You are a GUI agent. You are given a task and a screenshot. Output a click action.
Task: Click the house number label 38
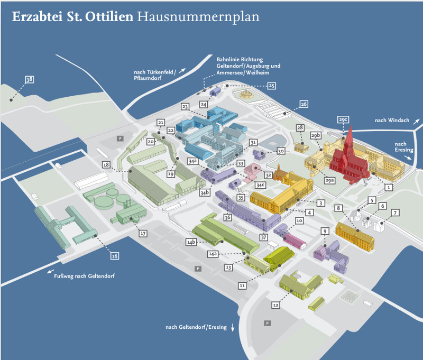(x=29, y=80)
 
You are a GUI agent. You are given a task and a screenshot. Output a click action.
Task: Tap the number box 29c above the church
(x=343, y=120)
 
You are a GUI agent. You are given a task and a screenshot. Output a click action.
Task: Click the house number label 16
(x=114, y=256)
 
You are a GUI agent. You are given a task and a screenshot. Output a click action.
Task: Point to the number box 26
(x=304, y=104)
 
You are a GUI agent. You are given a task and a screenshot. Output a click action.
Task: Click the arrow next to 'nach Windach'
(x=417, y=122)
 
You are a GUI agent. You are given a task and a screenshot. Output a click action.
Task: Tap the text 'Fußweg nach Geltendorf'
(x=84, y=276)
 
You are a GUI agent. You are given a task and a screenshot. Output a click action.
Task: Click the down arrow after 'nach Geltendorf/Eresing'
(x=232, y=328)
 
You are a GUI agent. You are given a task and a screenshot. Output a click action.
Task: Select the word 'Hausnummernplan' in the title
(x=198, y=17)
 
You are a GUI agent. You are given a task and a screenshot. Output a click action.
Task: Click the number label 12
(x=275, y=305)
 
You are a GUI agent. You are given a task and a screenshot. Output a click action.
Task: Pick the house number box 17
(x=142, y=233)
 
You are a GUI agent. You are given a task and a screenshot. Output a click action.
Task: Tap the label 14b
(x=191, y=242)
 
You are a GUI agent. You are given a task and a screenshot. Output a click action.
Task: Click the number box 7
(x=394, y=213)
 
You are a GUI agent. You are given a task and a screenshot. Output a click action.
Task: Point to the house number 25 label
(x=271, y=85)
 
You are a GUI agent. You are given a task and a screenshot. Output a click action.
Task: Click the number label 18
(x=106, y=165)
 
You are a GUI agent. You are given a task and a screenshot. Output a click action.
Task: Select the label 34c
(x=260, y=185)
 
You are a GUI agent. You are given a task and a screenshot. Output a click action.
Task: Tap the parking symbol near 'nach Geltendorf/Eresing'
(x=268, y=323)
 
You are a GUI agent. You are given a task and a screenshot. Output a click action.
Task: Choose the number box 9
(x=325, y=230)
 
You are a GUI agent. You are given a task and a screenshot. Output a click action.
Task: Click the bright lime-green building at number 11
(x=279, y=256)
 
